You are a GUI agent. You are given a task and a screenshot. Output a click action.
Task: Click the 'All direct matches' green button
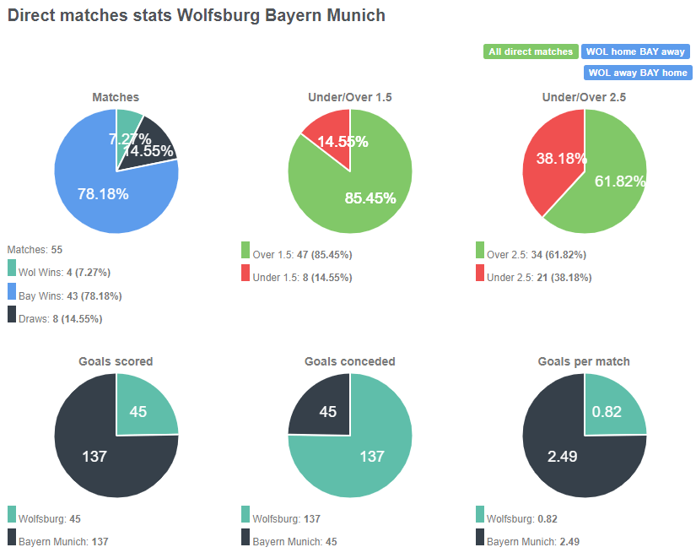pyautogui.click(x=531, y=51)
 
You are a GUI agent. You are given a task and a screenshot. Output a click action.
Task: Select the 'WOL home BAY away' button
pyautogui.click(x=636, y=51)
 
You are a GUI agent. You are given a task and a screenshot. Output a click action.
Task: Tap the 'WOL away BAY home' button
pyautogui.click(x=638, y=73)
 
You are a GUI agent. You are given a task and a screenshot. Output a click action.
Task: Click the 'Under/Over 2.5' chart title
pyautogui.click(x=584, y=97)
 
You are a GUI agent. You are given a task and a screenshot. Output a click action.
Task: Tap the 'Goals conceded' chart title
pyautogui.click(x=349, y=361)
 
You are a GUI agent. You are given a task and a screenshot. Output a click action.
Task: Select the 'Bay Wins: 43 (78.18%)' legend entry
pyautogui.click(x=64, y=296)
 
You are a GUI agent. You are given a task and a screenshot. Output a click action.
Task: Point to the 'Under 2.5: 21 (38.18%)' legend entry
pyautogui.click(x=539, y=277)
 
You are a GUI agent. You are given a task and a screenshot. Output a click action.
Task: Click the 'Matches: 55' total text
pyautogui.click(x=35, y=250)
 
